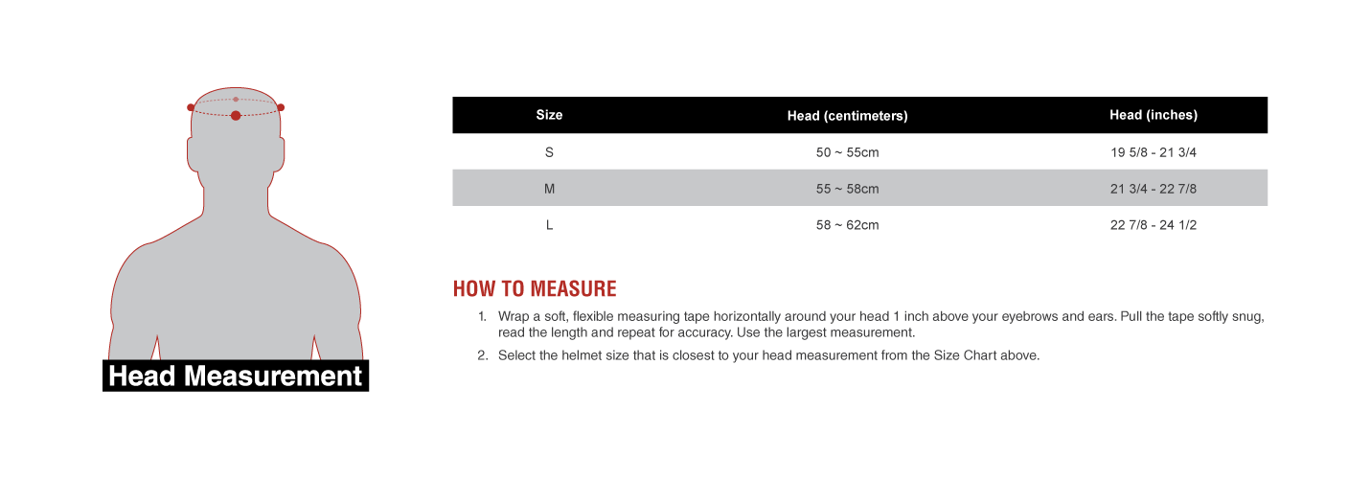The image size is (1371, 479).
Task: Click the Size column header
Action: [549, 115]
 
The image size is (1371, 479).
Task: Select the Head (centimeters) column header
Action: [847, 116]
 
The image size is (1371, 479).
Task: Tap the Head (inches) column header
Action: [1154, 115]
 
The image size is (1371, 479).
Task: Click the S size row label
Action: [549, 152]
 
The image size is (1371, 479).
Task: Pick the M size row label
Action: [549, 189]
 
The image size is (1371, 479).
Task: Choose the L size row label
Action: [549, 225]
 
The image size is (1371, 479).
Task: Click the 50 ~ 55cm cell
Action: [847, 152]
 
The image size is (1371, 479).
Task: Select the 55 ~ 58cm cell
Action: [847, 189]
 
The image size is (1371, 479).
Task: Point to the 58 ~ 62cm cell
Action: [847, 225]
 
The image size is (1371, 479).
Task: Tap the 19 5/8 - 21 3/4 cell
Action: [1154, 152]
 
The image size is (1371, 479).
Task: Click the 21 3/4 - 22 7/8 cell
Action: [1154, 189]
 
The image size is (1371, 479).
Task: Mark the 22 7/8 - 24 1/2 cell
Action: [1154, 225]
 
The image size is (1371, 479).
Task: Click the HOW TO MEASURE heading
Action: [535, 289]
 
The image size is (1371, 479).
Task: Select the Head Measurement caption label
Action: [236, 376]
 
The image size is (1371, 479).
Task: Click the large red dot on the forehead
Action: [236, 115]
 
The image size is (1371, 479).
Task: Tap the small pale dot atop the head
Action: [236, 99]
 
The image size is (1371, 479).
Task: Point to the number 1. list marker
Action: [482, 316]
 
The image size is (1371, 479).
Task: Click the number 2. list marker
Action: [482, 355]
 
